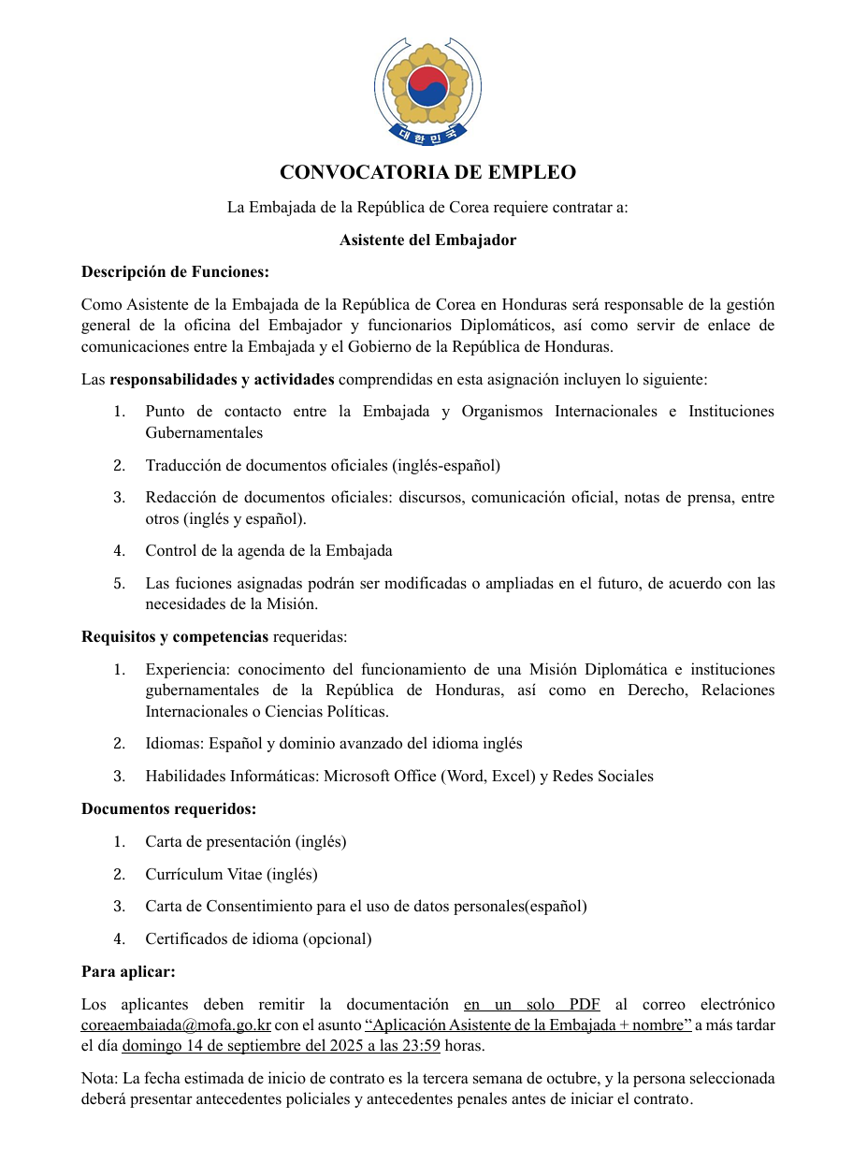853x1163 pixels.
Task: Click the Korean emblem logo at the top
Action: [427, 89]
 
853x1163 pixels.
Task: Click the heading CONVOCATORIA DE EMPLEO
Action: [427, 172]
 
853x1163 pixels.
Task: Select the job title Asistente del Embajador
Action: [427, 240]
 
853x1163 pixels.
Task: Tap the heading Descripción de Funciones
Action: [175, 272]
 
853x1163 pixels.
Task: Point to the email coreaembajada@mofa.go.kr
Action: [176, 1025]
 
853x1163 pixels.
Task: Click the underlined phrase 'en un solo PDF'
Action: [531, 1004]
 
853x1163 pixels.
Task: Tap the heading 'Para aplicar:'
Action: [128, 971]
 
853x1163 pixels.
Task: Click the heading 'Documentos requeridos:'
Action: [168, 808]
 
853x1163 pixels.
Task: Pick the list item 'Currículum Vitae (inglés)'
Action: [231, 874]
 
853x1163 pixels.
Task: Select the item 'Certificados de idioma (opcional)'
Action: [258, 938]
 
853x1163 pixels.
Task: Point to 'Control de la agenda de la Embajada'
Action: [268, 550]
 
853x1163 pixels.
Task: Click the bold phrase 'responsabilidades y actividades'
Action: [222, 379]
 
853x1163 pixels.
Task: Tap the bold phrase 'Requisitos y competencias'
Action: [175, 637]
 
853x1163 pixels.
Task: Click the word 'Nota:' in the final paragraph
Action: [99, 1078]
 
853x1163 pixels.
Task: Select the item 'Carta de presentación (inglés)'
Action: [245, 841]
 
